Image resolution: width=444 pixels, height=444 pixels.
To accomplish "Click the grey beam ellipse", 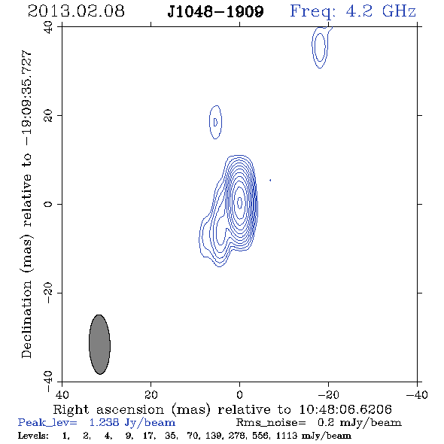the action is pos(99,345).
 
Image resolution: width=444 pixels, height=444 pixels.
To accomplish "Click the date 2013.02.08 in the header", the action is pos(76,11).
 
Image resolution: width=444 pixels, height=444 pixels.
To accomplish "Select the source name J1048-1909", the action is pos(215,11).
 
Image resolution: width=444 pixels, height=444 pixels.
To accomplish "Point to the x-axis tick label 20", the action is pos(151,395).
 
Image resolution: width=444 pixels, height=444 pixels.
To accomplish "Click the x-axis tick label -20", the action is pos(328,395).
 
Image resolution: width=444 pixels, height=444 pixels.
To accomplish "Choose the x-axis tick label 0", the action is pos(239,395).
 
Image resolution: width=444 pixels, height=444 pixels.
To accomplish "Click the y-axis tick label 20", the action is pos(48,116).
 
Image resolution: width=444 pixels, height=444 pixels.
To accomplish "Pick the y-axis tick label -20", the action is pos(48,293).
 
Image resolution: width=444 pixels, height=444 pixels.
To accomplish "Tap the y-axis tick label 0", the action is pos(48,204).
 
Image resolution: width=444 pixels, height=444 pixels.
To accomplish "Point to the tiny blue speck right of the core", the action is pos(270,180).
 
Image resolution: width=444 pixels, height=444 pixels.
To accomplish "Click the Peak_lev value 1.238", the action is pos(104,422).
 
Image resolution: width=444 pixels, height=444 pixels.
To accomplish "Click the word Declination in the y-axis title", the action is pos(26,319).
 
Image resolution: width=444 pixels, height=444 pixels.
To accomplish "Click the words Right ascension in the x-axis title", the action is pos(108,409).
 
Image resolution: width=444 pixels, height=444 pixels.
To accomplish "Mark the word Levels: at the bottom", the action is pos(33,435).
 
